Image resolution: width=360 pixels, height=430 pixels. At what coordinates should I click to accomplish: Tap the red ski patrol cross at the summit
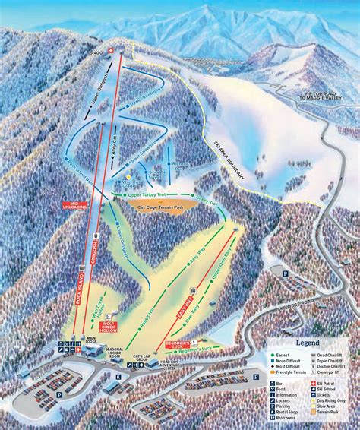point(113,51)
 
